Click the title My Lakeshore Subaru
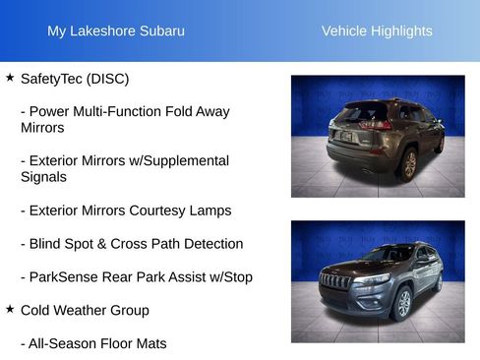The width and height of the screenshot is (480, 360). tap(116, 31)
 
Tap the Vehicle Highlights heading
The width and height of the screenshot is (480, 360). tap(377, 31)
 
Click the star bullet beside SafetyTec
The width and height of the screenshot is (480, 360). tap(10, 77)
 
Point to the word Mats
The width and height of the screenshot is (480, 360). tap(150, 344)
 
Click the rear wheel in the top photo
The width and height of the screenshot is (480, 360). tap(409, 163)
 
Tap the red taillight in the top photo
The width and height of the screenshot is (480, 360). tap(379, 125)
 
